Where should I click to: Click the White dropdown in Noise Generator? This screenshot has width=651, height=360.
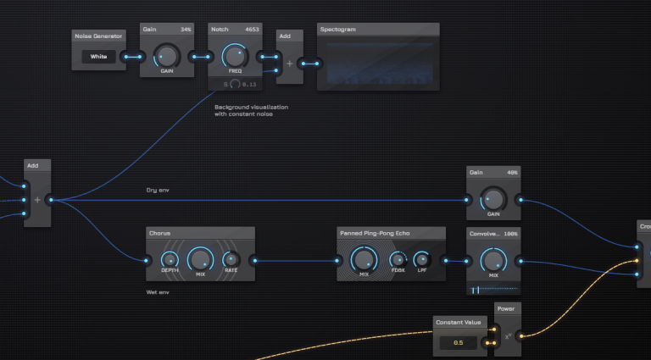click(x=99, y=57)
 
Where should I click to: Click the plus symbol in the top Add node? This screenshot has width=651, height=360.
click(x=289, y=63)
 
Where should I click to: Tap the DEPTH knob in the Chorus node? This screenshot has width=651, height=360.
click(x=170, y=259)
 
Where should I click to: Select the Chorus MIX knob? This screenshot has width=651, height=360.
click(x=200, y=258)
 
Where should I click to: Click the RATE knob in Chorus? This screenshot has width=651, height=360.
click(x=231, y=259)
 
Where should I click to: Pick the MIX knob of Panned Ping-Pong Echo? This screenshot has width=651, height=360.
click(x=364, y=258)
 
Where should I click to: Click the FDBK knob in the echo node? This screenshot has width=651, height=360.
click(x=397, y=260)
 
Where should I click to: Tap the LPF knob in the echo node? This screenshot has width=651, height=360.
click(x=421, y=260)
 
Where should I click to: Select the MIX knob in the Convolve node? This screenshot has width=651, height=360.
click(x=492, y=259)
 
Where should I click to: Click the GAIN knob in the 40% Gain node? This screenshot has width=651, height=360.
click(x=492, y=199)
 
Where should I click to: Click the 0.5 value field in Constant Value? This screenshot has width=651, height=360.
click(x=458, y=342)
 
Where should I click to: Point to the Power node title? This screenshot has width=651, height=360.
click(x=505, y=308)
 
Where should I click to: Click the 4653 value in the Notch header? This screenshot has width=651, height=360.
click(x=252, y=29)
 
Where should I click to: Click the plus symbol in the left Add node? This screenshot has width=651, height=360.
click(x=37, y=200)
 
